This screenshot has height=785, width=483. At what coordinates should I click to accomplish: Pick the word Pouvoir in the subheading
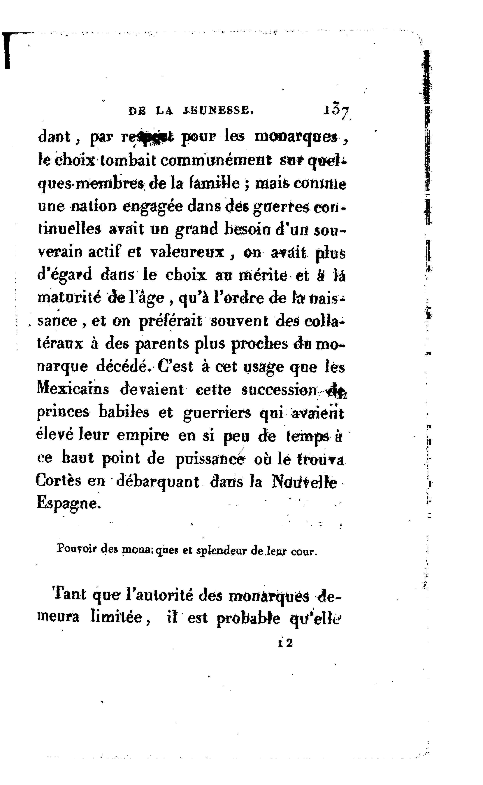tap(78, 549)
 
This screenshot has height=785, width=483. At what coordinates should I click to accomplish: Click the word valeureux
tap(187, 253)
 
